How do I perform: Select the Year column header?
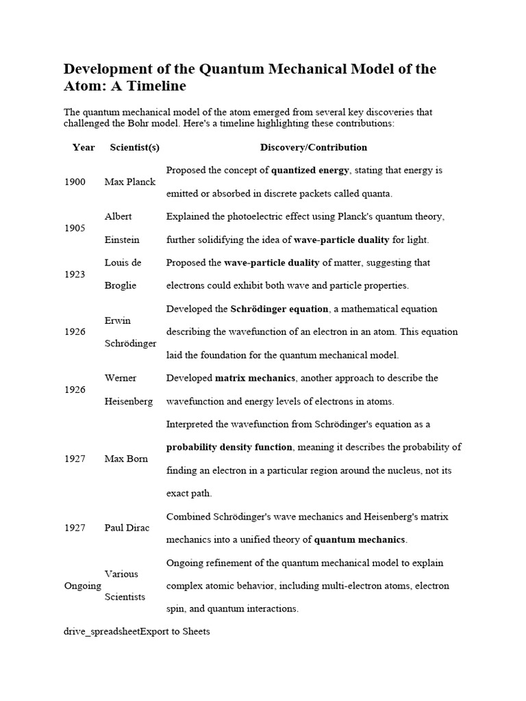point(84,147)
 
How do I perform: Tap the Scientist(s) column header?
point(134,147)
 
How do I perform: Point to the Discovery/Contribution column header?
point(314,147)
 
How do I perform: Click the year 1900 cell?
point(75,182)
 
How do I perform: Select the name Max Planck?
point(130,182)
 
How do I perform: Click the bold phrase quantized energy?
point(310,170)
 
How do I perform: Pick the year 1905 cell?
point(75,228)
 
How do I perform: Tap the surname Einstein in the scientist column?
point(122,240)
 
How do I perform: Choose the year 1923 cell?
point(75,274)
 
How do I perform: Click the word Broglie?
point(121,285)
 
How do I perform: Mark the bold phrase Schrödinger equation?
point(279,309)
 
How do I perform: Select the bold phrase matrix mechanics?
point(255,378)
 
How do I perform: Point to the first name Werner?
point(121,378)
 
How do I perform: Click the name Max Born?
point(127,459)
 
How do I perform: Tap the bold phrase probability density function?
point(229,447)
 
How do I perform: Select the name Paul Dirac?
point(127,528)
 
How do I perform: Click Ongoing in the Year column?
point(82,586)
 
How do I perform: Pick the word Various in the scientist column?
point(121,574)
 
